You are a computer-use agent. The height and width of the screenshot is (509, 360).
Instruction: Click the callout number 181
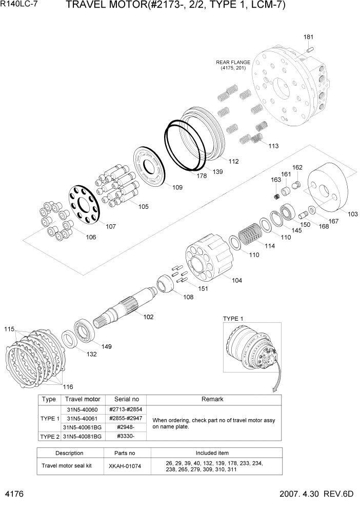(308, 37)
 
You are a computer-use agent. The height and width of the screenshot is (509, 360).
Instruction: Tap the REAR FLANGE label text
(233, 62)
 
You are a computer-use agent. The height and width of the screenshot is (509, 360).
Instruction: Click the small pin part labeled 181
(310, 49)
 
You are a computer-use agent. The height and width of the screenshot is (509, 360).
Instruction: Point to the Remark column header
(213, 399)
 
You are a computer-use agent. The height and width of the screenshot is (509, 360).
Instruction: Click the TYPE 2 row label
(50, 436)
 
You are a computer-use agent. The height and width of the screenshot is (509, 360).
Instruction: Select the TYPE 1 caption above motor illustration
(233, 319)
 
